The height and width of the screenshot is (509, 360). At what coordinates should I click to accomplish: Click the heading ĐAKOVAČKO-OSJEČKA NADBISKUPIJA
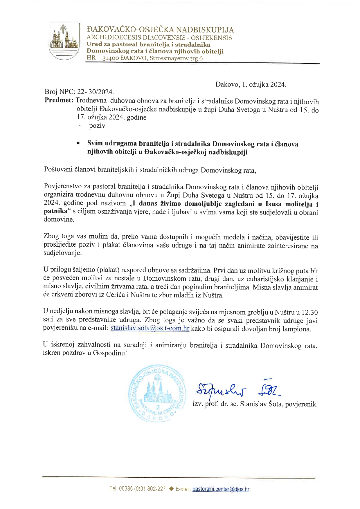(160, 30)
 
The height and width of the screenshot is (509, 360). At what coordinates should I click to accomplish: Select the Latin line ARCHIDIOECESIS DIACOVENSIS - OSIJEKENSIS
(159, 38)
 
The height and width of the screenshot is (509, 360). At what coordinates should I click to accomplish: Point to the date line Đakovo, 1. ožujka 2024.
(251, 84)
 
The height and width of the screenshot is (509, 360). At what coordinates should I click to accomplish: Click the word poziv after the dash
(97, 126)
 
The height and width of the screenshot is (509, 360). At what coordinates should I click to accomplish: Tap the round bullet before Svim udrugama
(78, 143)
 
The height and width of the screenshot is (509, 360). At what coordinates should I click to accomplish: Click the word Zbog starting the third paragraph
(51, 237)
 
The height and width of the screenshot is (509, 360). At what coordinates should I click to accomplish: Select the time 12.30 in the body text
(310, 312)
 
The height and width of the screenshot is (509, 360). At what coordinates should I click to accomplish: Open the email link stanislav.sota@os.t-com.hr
(150, 329)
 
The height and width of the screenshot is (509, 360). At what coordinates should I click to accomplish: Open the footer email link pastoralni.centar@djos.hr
(221, 489)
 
